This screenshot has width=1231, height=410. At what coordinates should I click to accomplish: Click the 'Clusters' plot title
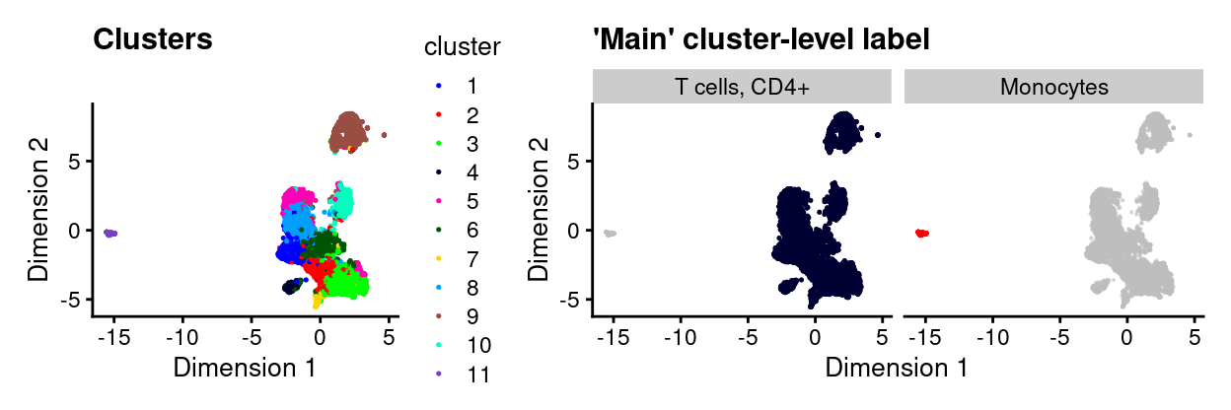click(x=152, y=40)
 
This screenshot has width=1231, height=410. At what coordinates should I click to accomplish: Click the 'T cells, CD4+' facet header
click(x=742, y=87)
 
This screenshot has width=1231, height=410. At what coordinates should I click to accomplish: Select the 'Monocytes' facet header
click(x=1053, y=87)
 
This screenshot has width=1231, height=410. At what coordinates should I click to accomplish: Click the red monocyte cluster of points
click(x=921, y=233)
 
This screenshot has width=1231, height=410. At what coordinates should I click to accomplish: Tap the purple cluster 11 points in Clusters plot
click(x=110, y=233)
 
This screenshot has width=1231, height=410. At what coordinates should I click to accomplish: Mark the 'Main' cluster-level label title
click(x=760, y=40)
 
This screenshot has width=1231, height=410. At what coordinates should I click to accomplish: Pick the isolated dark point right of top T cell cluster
click(x=877, y=135)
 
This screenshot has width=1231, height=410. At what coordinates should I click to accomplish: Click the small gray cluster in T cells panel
click(x=611, y=233)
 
